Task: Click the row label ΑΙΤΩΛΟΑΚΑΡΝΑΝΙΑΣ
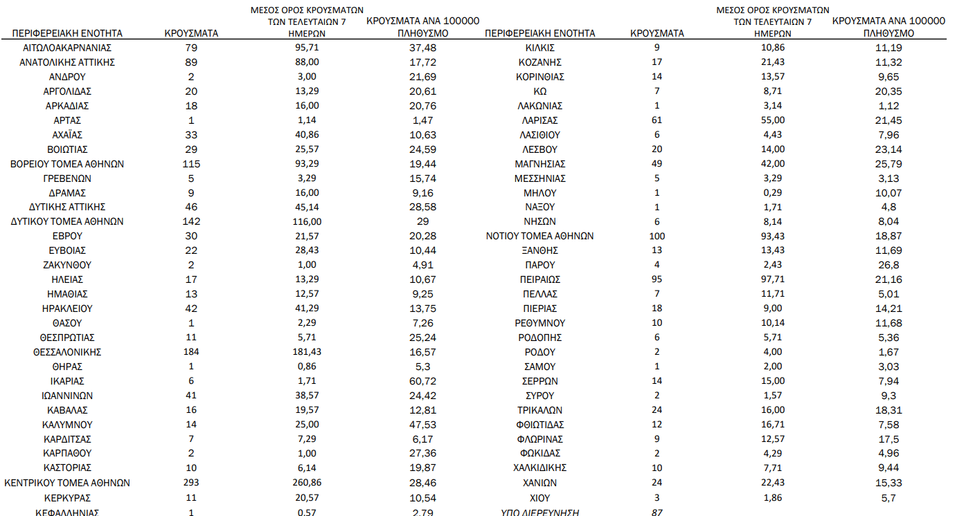[x=67, y=48]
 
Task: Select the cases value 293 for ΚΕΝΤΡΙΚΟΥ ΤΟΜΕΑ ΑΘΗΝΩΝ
[x=191, y=483]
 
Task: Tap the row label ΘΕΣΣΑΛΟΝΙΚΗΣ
[x=67, y=352]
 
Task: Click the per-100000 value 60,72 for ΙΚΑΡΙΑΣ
[x=422, y=381]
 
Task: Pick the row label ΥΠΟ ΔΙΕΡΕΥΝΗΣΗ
[x=539, y=513]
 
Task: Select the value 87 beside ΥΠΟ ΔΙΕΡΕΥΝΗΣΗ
[x=657, y=513]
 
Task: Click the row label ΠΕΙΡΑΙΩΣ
[x=539, y=279]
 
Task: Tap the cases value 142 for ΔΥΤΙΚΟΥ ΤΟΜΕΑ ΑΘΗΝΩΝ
[x=191, y=221]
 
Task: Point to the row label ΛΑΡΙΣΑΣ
[x=539, y=120]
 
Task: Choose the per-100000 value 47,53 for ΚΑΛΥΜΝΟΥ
[x=422, y=425]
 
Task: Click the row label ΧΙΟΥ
[x=539, y=497]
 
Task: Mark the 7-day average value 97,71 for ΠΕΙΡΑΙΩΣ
[x=772, y=279]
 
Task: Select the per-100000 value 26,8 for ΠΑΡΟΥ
[x=889, y=265]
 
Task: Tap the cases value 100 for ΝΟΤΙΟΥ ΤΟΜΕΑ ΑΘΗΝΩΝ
[x=657, y=236]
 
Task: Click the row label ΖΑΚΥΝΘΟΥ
[x=67, y=265]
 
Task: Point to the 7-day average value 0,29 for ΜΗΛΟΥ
[x=772, y=192]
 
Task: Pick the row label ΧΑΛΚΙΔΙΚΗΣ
[x=539, y=468]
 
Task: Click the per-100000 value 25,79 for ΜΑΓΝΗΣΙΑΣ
[x=889, y=164]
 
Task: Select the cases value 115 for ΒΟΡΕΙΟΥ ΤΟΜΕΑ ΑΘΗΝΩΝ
[x=191, y=164]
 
